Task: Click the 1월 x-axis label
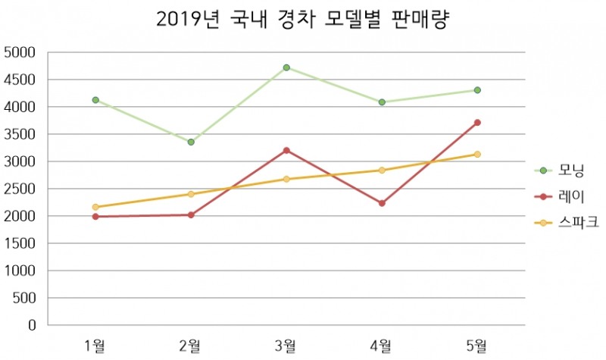(95, 346)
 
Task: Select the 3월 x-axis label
(286, 346)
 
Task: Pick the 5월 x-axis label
(477, 346)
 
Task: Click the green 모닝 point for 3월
(286, 67)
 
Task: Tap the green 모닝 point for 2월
(191, 142)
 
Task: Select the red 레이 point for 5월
(477, 122)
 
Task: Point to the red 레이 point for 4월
(382, 203)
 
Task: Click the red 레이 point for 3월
(286, 150)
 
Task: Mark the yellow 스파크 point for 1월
(95, 207)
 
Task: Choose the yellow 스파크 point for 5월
(477, 154)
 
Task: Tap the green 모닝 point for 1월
(95, 100)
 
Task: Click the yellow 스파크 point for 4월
(382, 170)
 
